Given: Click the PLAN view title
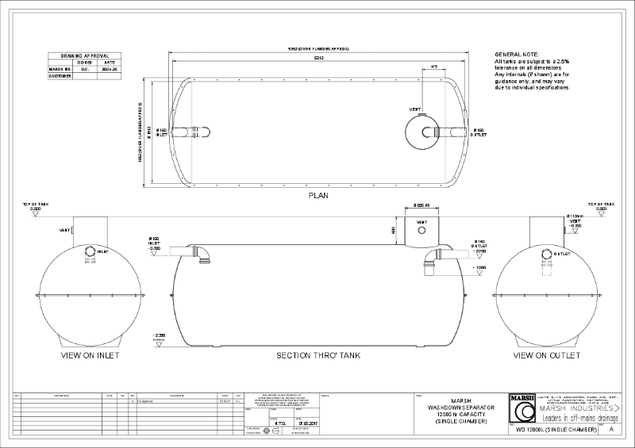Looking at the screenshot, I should click(317, 194).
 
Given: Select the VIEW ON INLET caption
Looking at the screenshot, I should click(90, 355).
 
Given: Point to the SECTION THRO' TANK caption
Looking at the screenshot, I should click(317, 355).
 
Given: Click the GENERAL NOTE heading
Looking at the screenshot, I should click(517, 53).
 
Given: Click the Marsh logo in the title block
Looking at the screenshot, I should click(524, 410).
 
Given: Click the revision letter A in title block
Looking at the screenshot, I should click(611, 428).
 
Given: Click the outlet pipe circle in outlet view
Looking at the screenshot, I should click(545, 255).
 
